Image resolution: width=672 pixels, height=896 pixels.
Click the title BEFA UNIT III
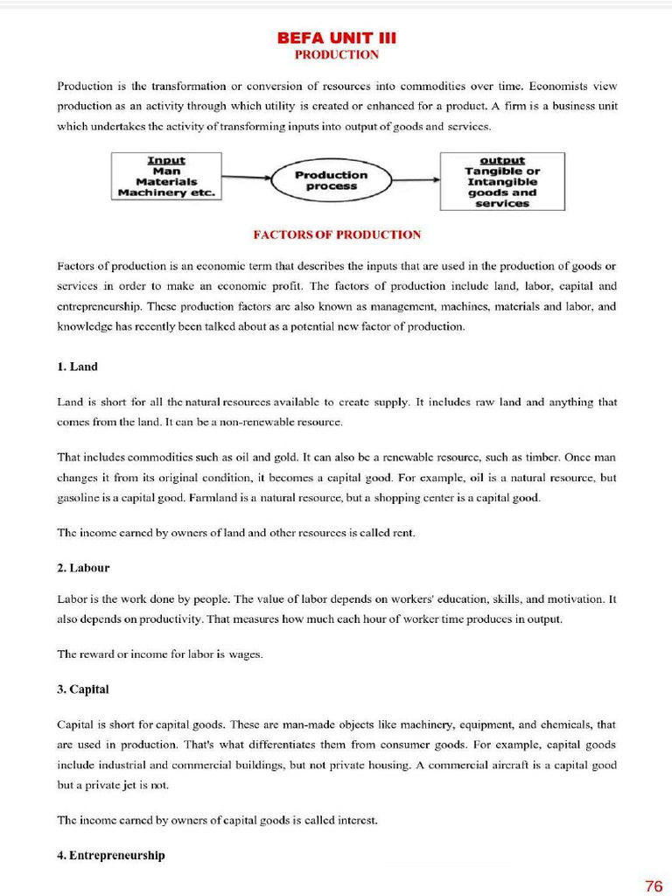(x=336, y=38)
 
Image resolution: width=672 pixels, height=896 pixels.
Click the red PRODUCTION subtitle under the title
(x=336, y=54)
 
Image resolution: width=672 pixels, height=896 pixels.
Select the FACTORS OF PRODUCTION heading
(x=336, y=234)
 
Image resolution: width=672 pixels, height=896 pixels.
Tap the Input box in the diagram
(x=166, y=177)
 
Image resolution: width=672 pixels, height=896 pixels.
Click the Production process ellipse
(x=331, y=180)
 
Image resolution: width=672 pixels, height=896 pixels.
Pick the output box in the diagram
(x=502, y=182)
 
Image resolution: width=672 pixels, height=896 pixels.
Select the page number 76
(x=653, y=885)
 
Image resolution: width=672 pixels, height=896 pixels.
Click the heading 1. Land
(x=77, y=367)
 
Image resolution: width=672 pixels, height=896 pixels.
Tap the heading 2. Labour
(x=83, y=568)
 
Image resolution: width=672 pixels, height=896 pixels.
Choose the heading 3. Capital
(x=82, y=689)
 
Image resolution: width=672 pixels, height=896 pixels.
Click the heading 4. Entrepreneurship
(x=110, y=855)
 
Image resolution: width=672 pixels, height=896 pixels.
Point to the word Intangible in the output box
(x=502, y=182)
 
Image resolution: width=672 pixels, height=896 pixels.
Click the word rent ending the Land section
(x=402, y=533)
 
